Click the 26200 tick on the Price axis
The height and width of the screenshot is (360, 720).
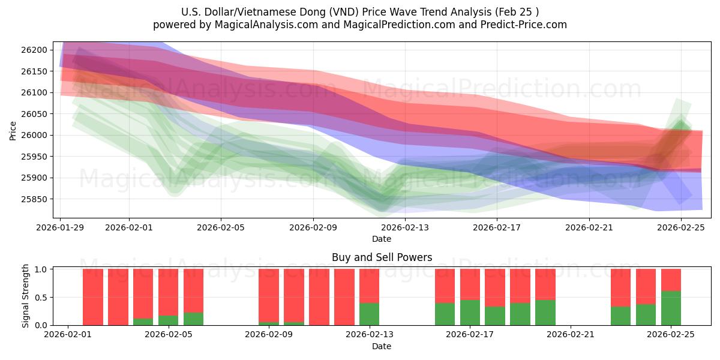[40, 50]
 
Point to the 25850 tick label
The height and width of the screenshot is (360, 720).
[40, 199]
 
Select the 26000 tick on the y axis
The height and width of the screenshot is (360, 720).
[40, 135]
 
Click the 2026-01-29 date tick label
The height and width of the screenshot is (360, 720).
[61, 227]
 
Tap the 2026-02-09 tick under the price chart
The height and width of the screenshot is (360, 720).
[313, 227]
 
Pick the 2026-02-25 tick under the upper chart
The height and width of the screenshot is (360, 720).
[681, 227]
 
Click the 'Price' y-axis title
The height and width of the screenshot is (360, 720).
[13, 130]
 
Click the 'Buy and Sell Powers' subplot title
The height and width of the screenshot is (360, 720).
[382, 257]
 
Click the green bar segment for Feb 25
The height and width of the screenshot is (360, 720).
[671, 308]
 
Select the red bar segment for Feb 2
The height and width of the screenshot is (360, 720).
[93, 297]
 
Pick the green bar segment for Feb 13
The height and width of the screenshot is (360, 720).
[369, 314]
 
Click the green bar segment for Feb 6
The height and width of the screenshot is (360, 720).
[193, 319]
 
